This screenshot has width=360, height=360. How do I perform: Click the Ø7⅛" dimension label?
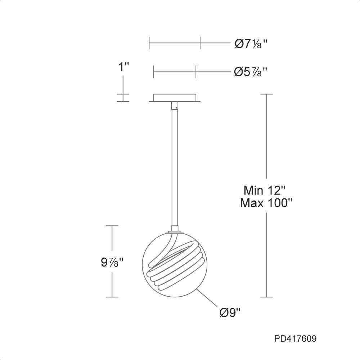pyautogui.click(x=251, y=44)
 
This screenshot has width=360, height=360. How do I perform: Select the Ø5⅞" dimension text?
pyautogui.click(x=251, y=72)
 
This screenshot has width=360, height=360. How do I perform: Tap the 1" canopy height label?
pyautogui.click(x=124, y=67)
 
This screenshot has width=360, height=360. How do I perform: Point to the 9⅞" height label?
pyautogui.click(x=112, y=262)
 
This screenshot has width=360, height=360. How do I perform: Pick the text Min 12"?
pyautogui.click(x=265, y=190)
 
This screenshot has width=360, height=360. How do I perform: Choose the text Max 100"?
pyautogui.click(x=266, y=203)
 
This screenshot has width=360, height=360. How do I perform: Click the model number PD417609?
pyautogui.click(x=295, y=339)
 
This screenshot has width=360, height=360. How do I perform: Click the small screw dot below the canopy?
pyautogui.click(x=176, y=107)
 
